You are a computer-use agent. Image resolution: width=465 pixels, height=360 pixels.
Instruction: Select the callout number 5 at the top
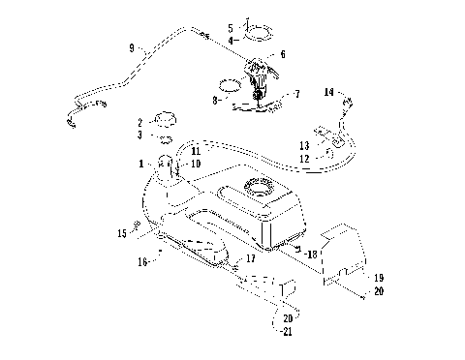230,27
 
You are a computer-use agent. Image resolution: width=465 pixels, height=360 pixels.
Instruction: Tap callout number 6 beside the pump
282,55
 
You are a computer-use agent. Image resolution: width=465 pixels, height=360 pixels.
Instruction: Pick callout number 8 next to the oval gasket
214,99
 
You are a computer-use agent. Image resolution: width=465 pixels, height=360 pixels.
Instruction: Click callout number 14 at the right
328,91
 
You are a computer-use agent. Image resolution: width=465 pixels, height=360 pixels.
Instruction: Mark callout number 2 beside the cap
139,123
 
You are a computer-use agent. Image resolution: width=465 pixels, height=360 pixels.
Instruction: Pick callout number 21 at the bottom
287,332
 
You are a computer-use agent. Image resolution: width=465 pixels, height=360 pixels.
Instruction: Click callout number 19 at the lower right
379,278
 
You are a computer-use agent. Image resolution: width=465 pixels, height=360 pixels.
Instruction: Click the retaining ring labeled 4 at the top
259,38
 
